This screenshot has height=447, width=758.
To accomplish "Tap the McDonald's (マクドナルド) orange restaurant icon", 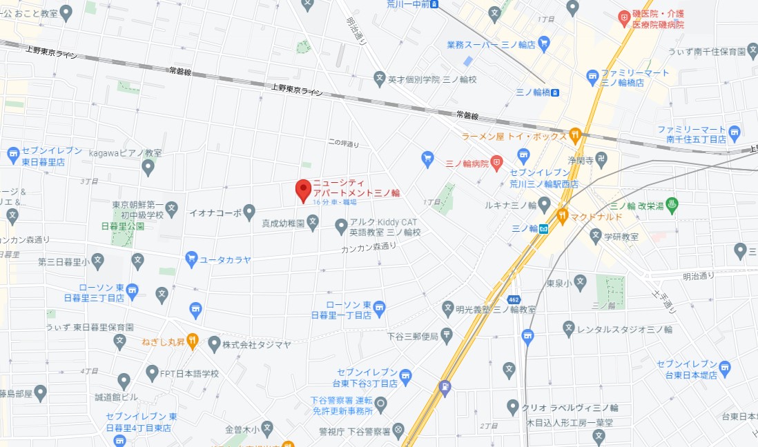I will (x=563, y=217).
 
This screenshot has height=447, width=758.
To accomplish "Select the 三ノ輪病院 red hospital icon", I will (x=496, y=163).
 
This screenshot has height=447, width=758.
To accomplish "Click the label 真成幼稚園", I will (x=283, y=223).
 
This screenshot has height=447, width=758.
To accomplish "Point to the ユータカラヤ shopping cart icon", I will (x=191, y=259).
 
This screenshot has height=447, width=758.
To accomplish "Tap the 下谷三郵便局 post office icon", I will (x=447, y=336).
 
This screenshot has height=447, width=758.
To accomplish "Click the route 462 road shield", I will (x=514, y=299).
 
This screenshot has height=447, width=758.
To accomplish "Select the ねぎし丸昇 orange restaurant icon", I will (x=192, y=341).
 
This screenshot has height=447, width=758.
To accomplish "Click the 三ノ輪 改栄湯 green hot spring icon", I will (x=674, y=205).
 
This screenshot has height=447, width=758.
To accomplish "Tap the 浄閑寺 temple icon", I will (x=601, y=159).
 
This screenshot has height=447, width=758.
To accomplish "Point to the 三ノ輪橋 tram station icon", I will (x=555, y=91).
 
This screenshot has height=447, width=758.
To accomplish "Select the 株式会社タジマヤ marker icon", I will (x=214, y=343).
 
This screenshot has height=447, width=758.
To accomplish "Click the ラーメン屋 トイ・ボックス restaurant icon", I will (x=575, y=135).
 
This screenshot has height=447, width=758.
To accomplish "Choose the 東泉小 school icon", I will (x=580, y=282).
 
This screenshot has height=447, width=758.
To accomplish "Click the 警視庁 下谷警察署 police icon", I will (x=398, y=431).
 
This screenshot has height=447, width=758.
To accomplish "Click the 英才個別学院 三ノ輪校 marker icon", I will (x=379, y=79).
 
